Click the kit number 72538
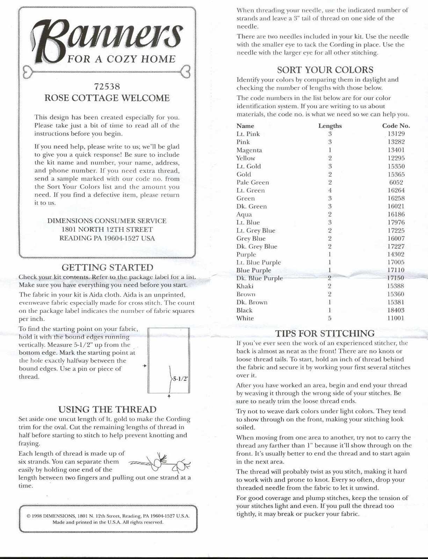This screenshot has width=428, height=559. coord(107,86)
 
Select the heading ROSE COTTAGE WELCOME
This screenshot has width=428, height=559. coord(107,98)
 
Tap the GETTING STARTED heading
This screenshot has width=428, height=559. coord(107,268)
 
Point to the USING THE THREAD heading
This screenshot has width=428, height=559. coord(107,409)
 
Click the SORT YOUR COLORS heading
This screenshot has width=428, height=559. coord(325,70)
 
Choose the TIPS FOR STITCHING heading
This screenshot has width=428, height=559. coord(325,333)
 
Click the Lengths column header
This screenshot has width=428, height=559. coord(330,126)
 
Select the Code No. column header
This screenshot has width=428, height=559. coord(396,126)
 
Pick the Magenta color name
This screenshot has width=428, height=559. coord(249,150)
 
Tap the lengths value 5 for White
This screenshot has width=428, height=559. coord(330,318)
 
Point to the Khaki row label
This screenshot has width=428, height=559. coord(245,286)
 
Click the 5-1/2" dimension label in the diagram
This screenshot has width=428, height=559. coord(180,379)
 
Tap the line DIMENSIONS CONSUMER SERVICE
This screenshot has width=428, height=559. coord(107,221)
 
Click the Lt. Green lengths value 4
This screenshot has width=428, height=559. coord(330,190)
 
